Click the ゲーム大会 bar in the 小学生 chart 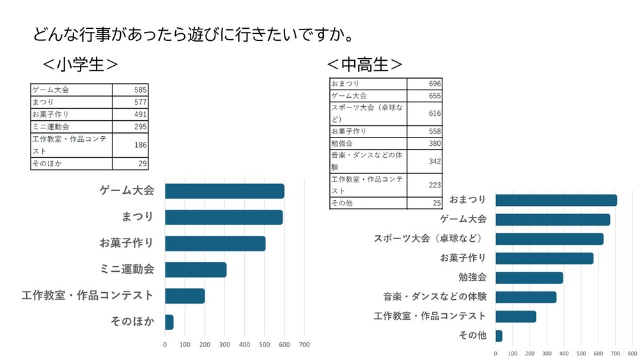pyautogui.click(x=224, y=191)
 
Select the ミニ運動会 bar pyautogui.click(x=196, y=269)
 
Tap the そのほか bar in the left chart pyautogui.click(x=169, y=322)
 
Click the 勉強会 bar pyautogui.click(x=529, y=278)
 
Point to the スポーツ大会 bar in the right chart pyautogui.click(x=549, y=239)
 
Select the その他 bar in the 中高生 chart pyautogui.click(x=499, y=336)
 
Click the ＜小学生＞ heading pyautogui.click(x=79, y=65)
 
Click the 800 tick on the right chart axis pyautogui.click(x=632, y=352)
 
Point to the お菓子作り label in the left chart pyautogui.click(x=127, y=243)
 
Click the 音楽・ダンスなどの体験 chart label pyautogui.click(x=435, y=297)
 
